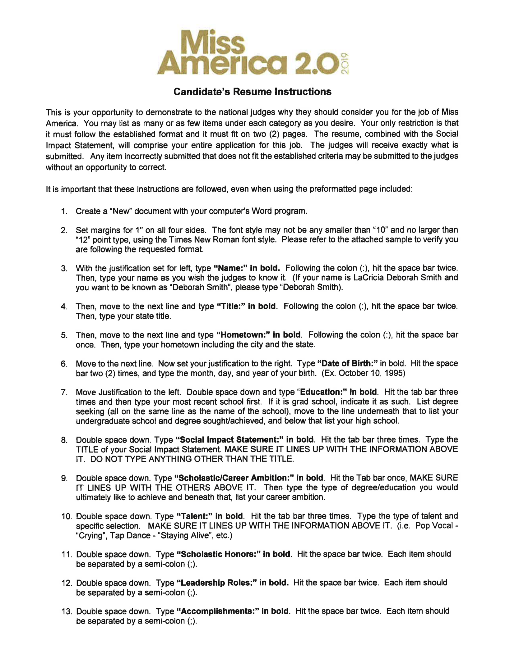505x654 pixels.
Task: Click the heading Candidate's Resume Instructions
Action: [x=252, y=92]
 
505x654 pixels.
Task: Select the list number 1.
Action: [x=64, y=212]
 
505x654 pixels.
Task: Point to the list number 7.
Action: [x=64, y=393]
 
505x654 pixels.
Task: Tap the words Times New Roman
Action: [x=196, y=240]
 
